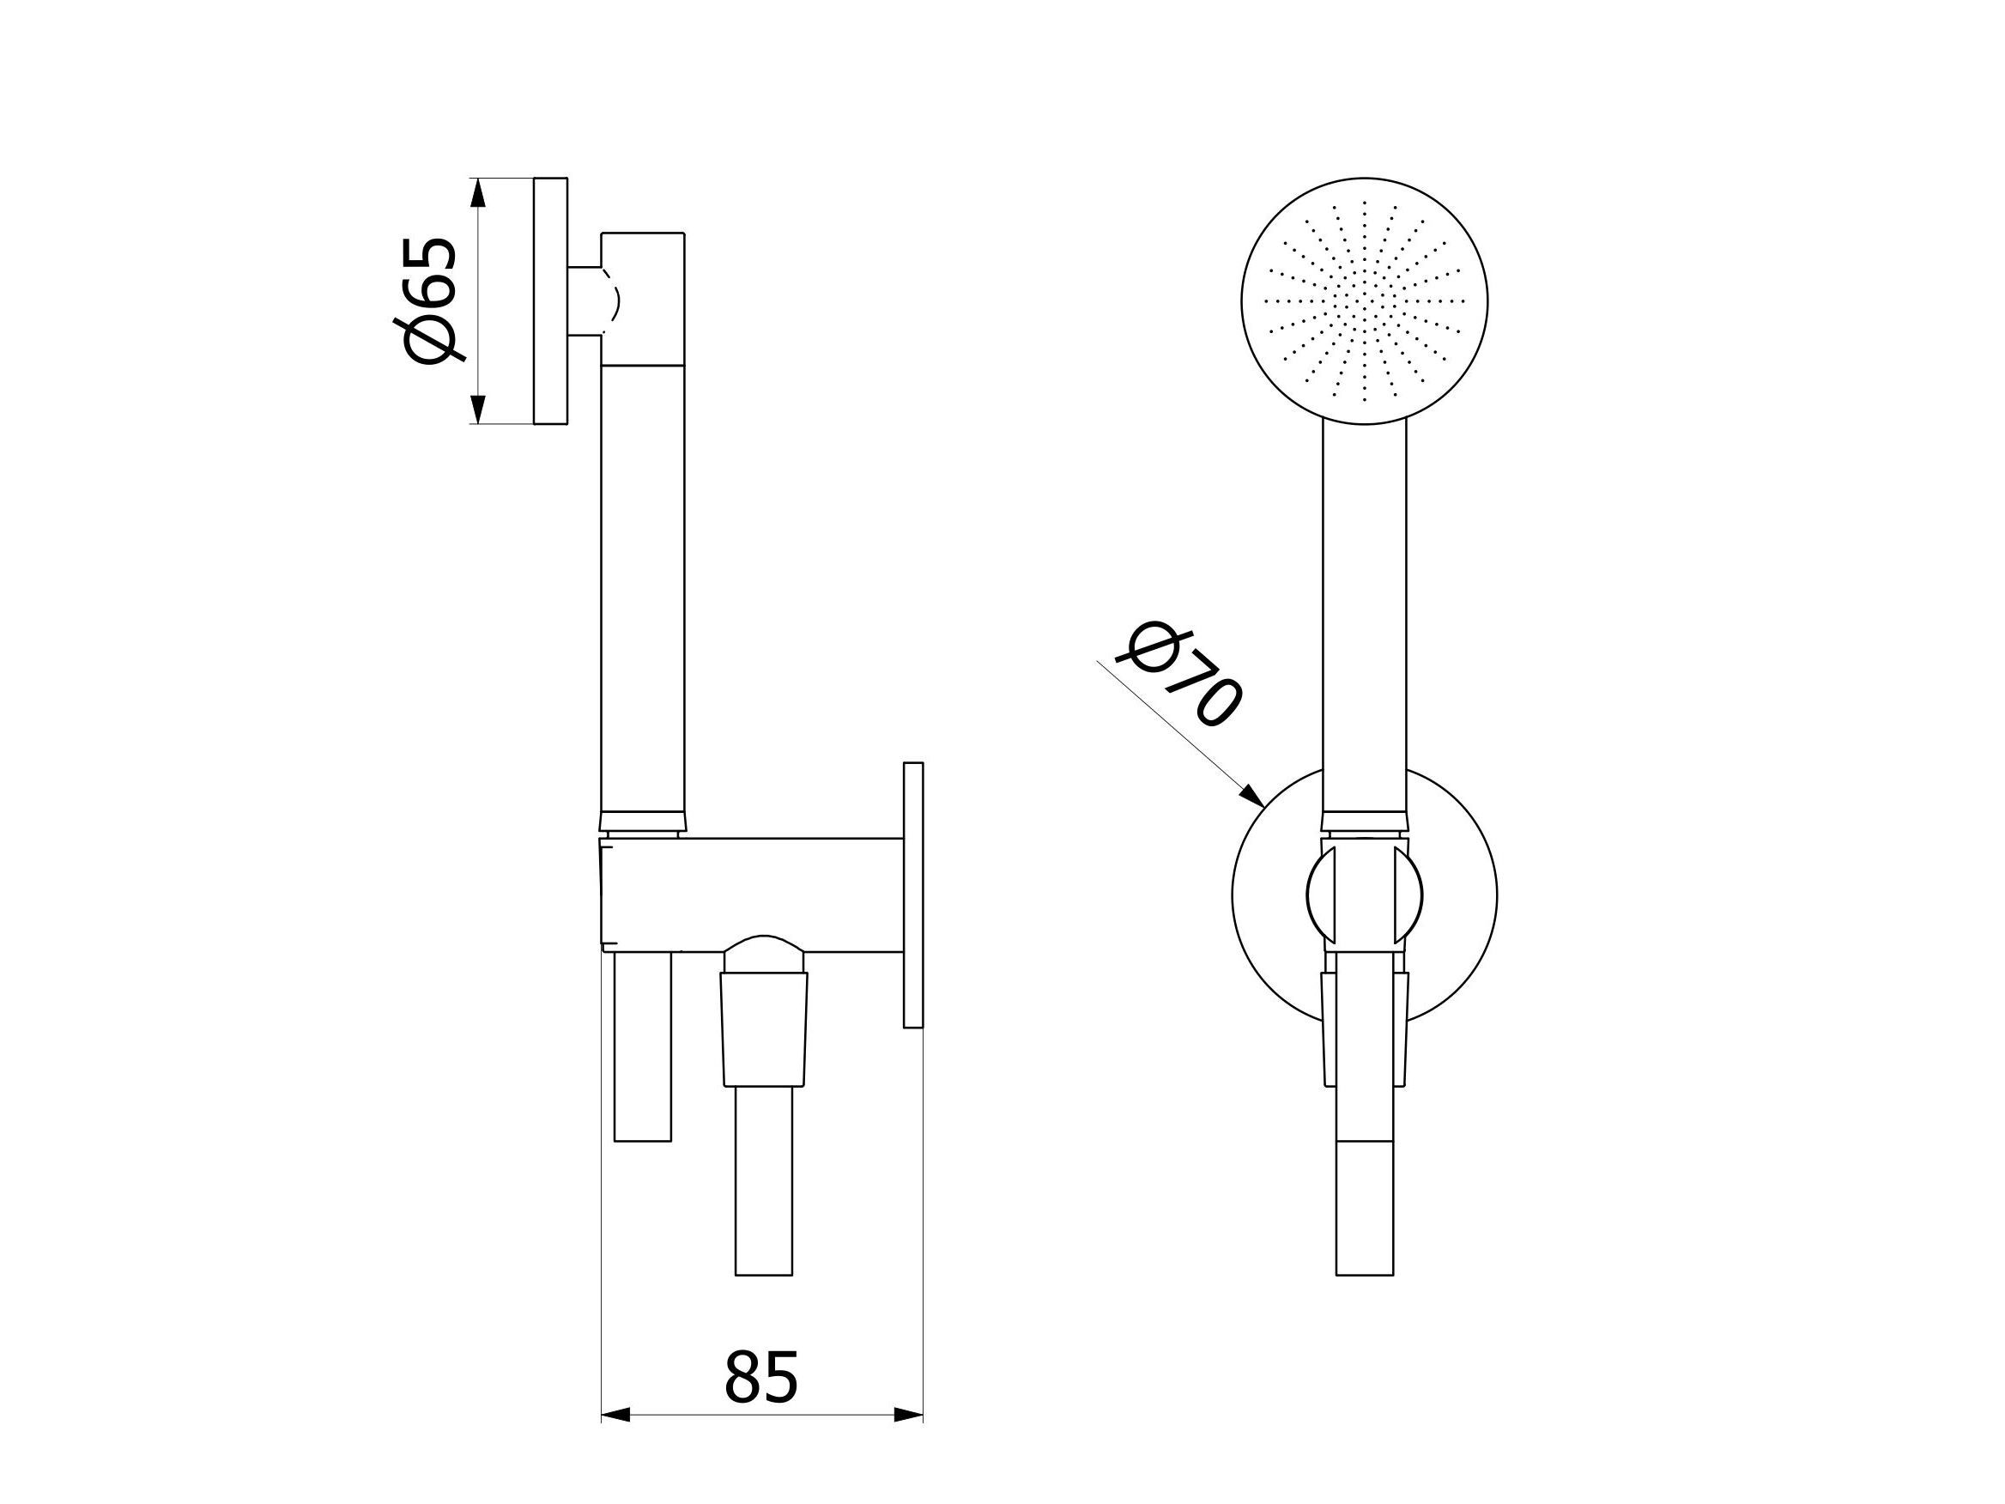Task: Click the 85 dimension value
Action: pos(760,1378)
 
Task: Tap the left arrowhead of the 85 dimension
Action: pos(615,1440)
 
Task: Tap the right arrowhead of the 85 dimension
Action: pos(908,1440)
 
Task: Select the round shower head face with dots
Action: pos(1364,301)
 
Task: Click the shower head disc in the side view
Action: pos(550,301)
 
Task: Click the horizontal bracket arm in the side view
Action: pos(753,895)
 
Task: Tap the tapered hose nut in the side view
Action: pos(764,1029)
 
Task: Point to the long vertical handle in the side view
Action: pos(642,589)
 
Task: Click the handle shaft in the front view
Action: pos(1364,616)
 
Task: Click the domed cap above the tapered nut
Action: pos(764,954)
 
